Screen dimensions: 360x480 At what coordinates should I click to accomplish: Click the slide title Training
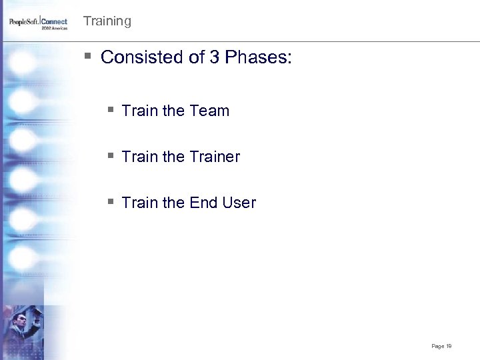[107, 21]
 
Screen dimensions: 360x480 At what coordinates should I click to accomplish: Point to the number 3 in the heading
[214, 57]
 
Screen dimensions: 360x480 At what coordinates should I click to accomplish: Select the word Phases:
[258, 57]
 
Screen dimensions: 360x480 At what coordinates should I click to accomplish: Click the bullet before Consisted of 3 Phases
[88, 56]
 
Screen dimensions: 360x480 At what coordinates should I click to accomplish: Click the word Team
[209, 111]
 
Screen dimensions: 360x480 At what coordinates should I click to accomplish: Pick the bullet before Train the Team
[110, 109]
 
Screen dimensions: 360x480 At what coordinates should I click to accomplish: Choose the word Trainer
[214, 157]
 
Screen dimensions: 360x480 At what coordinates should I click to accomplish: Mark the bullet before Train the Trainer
[110, 155]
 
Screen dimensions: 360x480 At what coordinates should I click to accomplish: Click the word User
[239, 203]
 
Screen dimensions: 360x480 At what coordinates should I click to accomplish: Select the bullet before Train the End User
[110, 201]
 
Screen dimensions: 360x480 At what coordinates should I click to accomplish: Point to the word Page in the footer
[437, 346]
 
